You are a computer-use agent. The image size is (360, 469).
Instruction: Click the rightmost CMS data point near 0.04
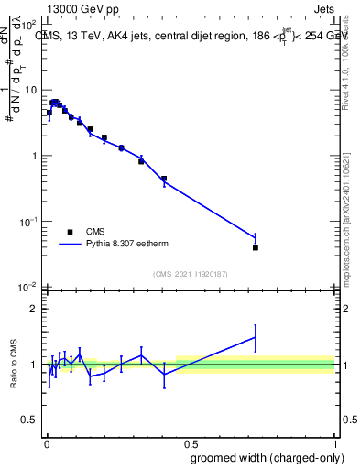[256, 247]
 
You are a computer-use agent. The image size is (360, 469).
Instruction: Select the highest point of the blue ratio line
[256, 337]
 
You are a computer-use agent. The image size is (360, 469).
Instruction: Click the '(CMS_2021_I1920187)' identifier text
[190, 274]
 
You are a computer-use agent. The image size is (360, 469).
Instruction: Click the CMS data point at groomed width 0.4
[164, 179]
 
